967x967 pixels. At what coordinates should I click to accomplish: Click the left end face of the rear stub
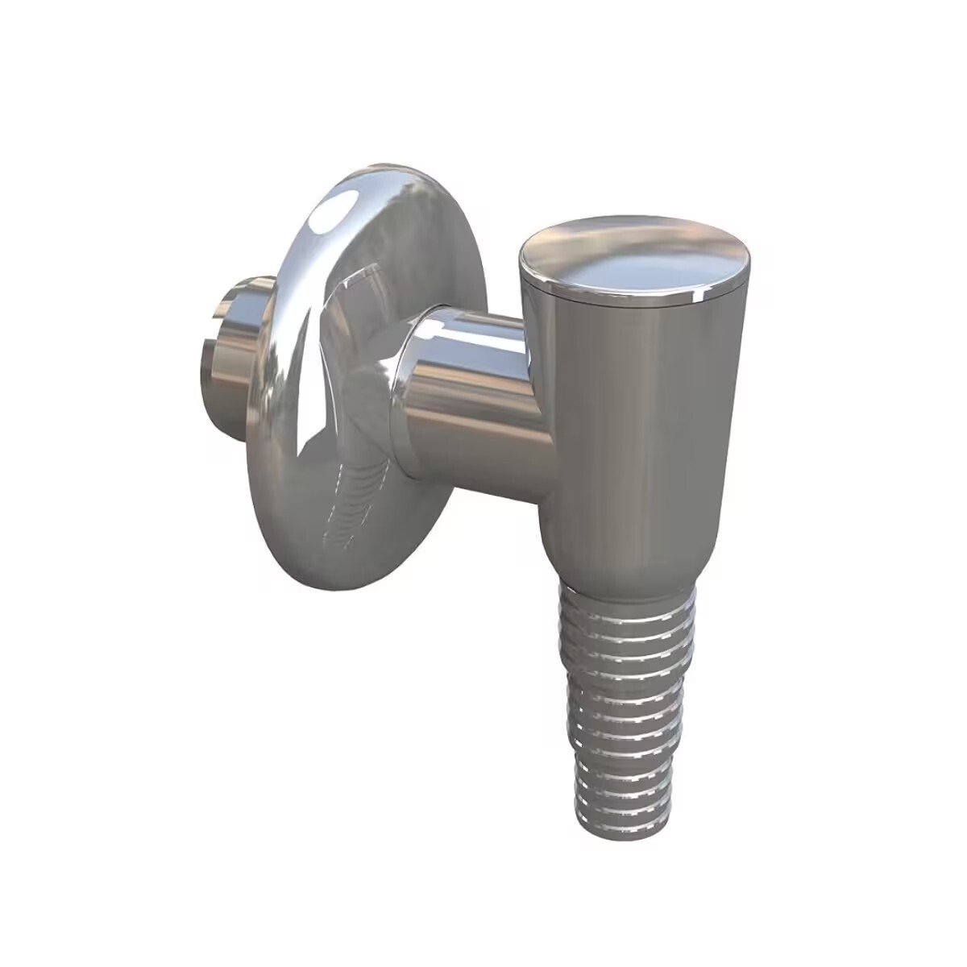pos(211,334)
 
